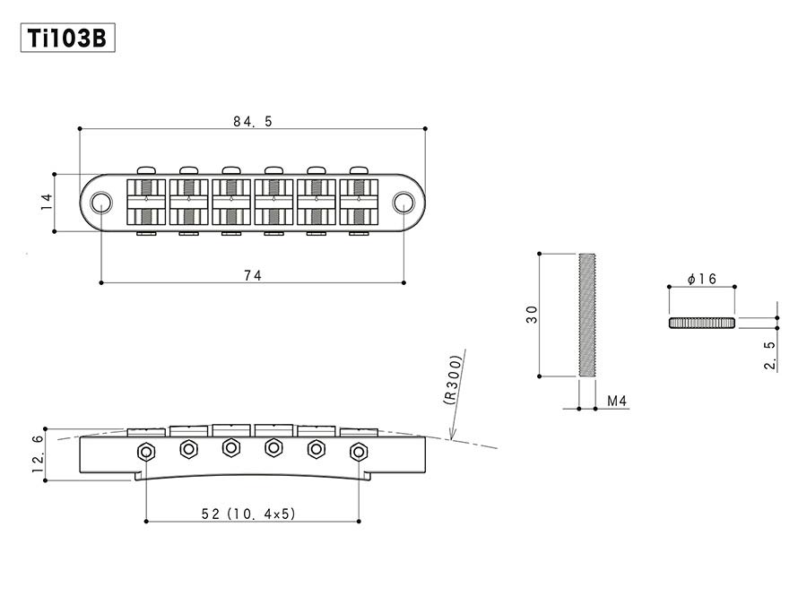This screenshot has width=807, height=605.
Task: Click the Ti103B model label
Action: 67,39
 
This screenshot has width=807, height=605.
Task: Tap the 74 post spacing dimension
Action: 252,276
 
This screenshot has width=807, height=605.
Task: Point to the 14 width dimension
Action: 47,203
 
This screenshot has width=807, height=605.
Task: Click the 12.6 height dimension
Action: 37,454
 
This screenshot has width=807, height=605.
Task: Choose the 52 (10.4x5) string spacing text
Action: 250,514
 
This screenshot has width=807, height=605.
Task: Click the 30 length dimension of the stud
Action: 533,315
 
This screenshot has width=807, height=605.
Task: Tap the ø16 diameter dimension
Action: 701,280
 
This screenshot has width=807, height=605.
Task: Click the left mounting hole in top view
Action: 102,202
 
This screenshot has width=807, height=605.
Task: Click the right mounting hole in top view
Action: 404,202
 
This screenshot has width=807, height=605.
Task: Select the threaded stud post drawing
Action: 587,315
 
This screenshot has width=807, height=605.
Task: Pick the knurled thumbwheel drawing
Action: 701,323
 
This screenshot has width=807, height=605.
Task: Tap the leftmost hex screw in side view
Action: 145,452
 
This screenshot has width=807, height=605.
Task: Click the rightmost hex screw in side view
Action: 359,451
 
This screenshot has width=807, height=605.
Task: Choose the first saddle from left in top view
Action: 146,202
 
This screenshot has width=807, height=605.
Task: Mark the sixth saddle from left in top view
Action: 359,202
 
